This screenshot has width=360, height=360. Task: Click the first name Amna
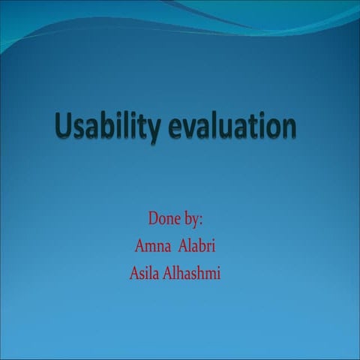(151, 244)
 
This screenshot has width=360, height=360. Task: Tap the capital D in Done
(154, 220)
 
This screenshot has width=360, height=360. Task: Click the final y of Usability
(151, 129)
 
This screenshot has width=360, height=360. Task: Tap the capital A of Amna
(138, 244)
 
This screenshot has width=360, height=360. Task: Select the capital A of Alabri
(183, 244)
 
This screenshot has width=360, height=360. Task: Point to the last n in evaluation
(289, 127)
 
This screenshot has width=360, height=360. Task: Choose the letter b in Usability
(103, 124)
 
